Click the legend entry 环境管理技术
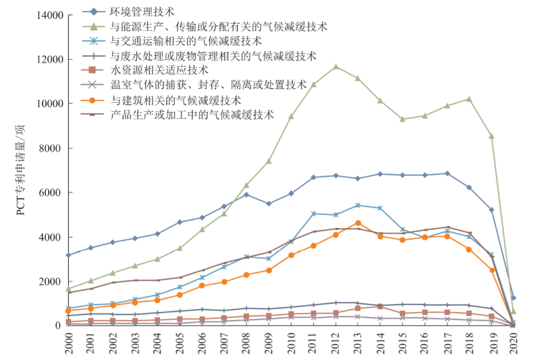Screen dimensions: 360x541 tap(143, 12)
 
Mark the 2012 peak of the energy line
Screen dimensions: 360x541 tap(336, 67)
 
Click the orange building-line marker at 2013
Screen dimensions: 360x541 tap(358, 223)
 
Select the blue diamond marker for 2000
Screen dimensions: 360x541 tap(68, 255)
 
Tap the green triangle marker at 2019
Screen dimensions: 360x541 tap(492, 136)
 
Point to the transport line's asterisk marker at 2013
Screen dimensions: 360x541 tap(358, 205)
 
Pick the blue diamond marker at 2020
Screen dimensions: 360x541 tap(513, 297)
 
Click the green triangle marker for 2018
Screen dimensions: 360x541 tap(469, 99)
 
